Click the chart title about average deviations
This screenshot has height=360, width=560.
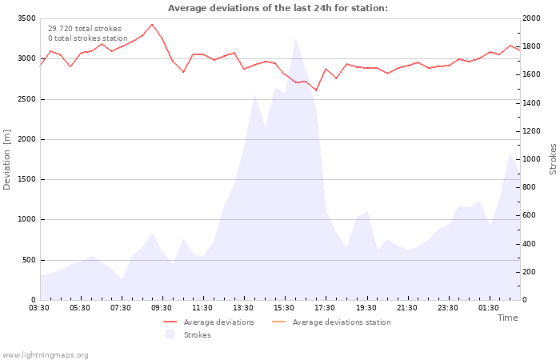(278, 8)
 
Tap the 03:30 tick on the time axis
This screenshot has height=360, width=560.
(40, 307)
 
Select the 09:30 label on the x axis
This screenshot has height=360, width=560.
(162, 307)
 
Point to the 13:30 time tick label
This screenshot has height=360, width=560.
(243, 307)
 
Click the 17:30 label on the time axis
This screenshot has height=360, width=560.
(325, 307)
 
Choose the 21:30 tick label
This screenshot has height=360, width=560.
(406, 307)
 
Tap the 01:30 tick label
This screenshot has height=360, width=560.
(488, 307)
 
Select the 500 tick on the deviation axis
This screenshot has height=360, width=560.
(28, 260)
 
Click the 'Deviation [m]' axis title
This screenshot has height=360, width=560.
(7, 159)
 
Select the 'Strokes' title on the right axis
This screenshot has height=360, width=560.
(553, 159)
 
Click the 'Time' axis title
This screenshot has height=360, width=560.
(507, 318)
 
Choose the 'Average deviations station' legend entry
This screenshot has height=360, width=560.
(341, 322)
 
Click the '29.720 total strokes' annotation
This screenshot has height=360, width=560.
(84, 29)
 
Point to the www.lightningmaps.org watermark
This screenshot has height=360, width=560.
(46, 355)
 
